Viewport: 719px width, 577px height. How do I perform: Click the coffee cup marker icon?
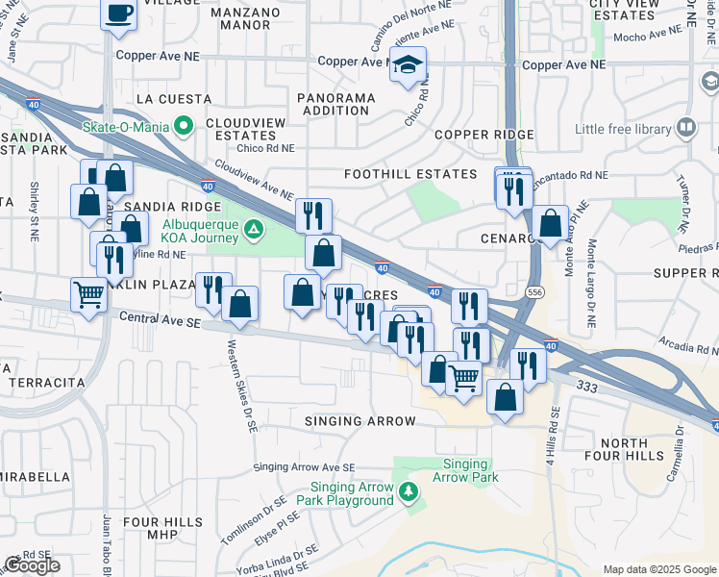(x=119, y=14)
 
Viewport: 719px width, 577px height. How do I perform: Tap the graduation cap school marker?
(x=409, y=64)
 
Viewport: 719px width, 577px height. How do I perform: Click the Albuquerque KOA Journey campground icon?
(x=253, y=229)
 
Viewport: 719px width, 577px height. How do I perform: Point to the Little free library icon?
(x=686, y=128)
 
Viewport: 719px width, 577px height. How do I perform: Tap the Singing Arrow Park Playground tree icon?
(x=409, y=492)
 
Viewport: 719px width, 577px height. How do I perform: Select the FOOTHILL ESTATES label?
(x=411, y=174)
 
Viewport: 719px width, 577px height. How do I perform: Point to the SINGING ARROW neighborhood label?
(x=359, y=421)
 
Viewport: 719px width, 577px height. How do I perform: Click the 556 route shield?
(x=533, y=291)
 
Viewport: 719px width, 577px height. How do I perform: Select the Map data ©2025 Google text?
(x=658, y=569)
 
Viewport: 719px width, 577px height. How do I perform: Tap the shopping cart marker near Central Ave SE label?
(x=88, y=293)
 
